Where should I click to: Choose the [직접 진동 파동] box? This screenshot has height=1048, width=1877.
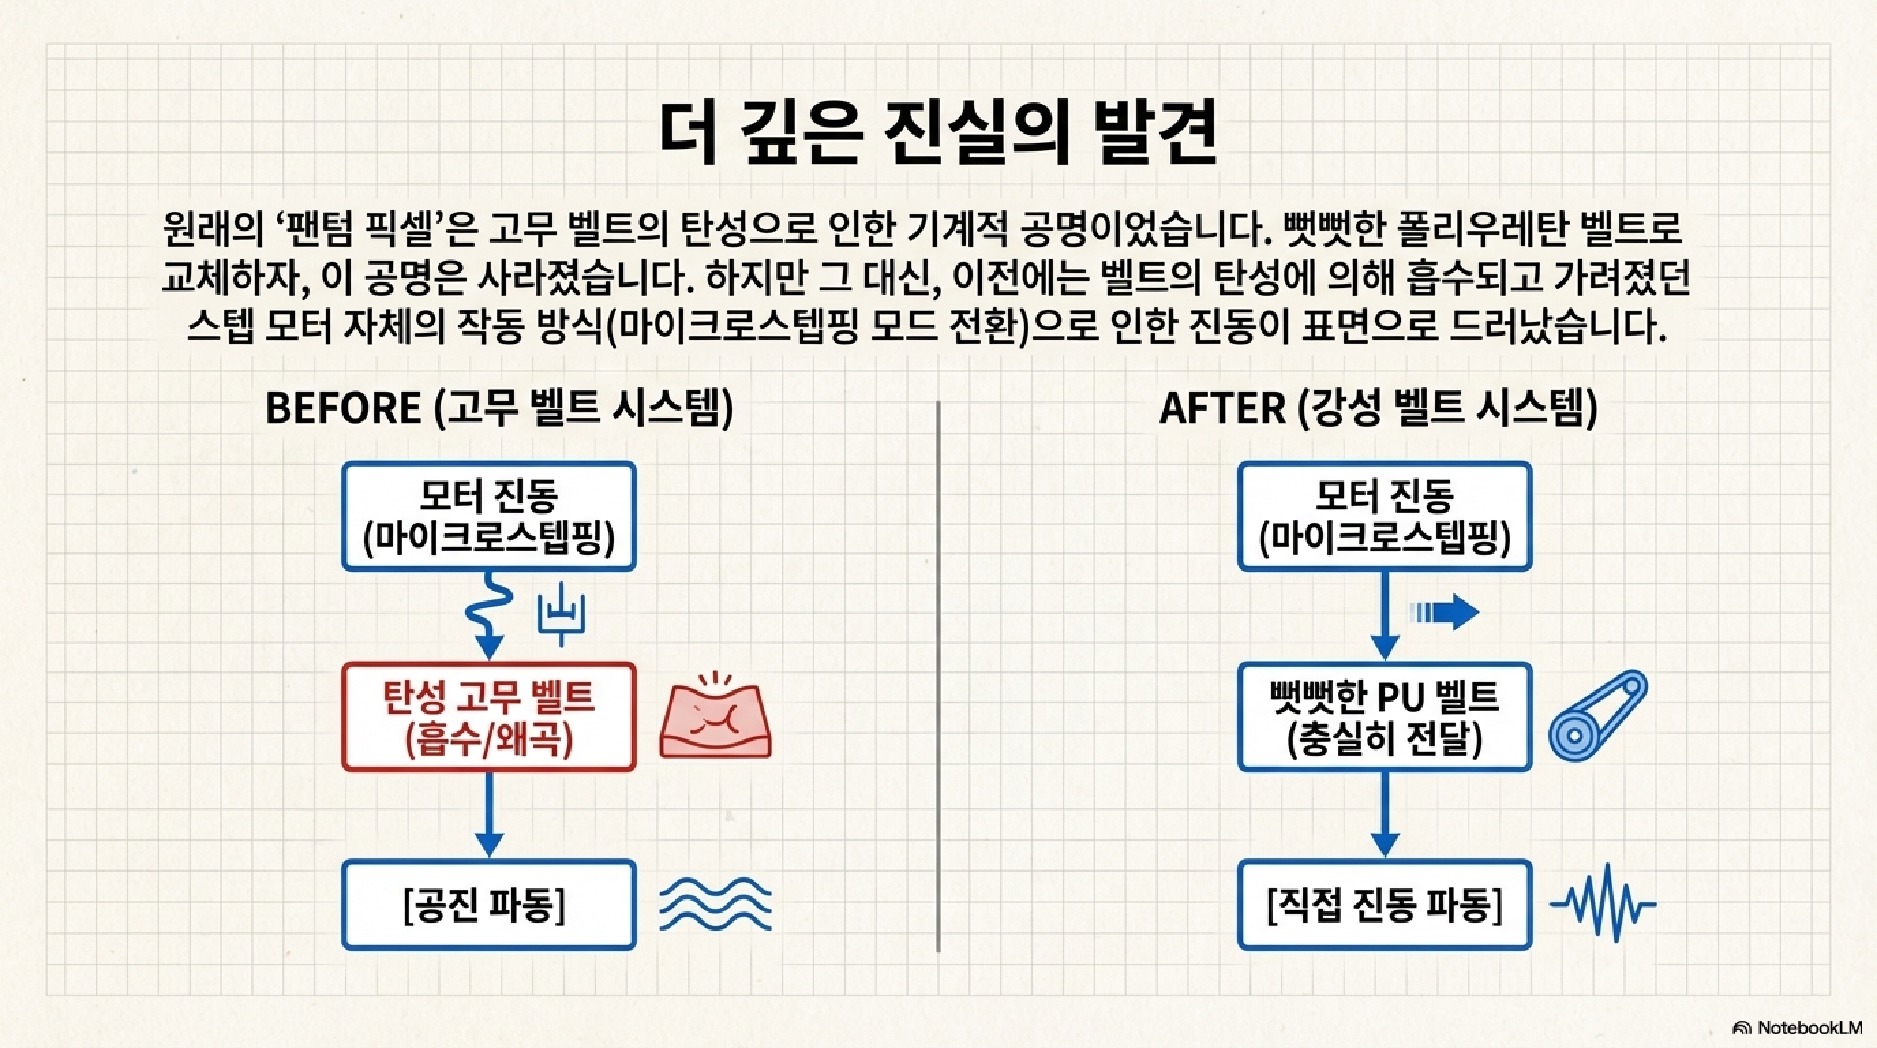[x=1385, y=905]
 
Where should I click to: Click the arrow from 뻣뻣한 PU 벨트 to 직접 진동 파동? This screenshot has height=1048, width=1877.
[x=1385, y=815]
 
